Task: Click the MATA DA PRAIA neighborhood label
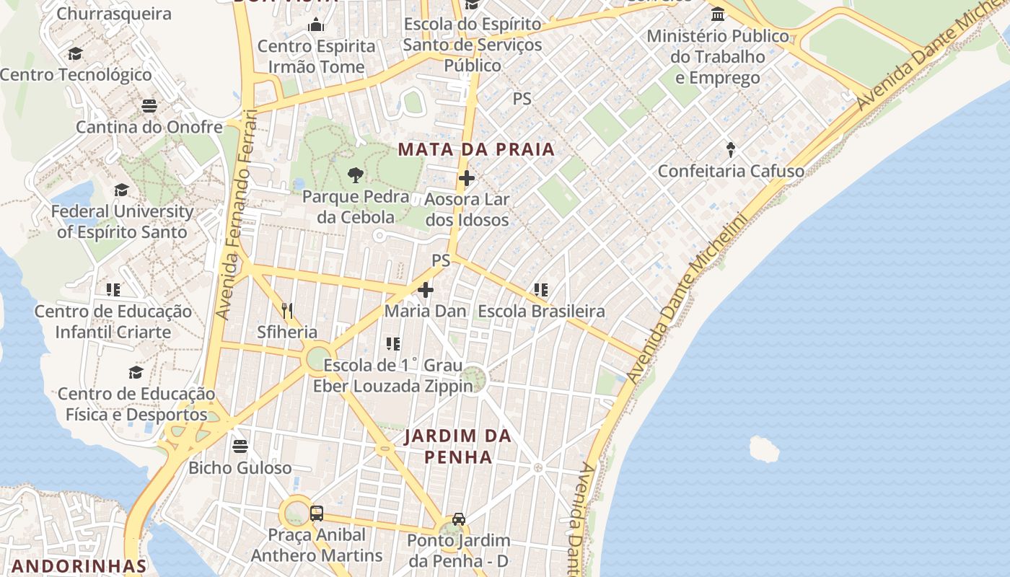coord(476,150)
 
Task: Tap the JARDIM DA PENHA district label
coord(458,446)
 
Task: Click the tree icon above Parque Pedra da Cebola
coord(355,175)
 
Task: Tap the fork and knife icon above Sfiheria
coord(287,311)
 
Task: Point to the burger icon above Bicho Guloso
coord(240,446)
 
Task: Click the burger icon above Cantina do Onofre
coord(149,106)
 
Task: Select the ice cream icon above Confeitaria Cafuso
coord(731,150)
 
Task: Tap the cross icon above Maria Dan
coord(426,290)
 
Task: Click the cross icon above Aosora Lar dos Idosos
coord(467,177)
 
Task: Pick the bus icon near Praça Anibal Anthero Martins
coord(316,514)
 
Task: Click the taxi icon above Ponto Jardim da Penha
coord(459,519)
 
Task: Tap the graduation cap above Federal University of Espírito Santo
coord(121,190)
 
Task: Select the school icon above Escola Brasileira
coord(541,290)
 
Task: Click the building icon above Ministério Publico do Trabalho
coord(718,14)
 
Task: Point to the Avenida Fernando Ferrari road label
coord(237,214)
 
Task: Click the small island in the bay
coord(764,449)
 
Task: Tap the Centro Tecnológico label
coord(76,75)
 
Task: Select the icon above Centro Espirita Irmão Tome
coord(316,25)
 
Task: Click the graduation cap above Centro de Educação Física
coord(136,372)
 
